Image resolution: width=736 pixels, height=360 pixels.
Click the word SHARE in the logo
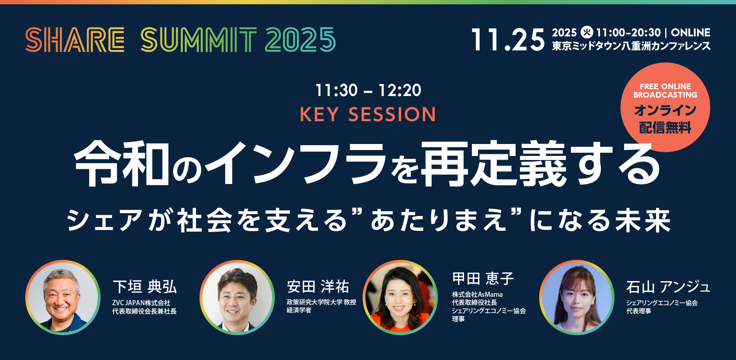(x=75, y=40)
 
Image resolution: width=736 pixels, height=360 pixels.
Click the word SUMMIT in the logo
(x=199, y=40)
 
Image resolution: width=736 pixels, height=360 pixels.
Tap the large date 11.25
(x=508, y=40)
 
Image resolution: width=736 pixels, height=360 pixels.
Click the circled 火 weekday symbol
(x=587, y=32)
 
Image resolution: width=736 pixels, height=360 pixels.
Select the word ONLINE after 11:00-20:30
(x=690, y=32)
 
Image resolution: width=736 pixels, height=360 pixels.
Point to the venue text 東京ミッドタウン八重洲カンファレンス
(x=631, y=46)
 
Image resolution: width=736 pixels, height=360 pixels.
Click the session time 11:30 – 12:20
(x=368, y=90)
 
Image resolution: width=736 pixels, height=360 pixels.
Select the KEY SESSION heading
(x=368, y=115)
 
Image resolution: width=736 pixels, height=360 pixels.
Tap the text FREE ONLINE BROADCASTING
(x=665, y=91)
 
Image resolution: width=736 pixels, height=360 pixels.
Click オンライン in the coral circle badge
(x=665, y=110)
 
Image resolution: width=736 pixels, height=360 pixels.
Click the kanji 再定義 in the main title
(x=494, y=164)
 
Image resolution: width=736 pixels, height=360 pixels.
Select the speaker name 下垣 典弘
(x=145, y=287)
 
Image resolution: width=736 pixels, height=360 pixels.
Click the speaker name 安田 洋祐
(x=318, y=286)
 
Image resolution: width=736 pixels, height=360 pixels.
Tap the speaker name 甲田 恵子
(x=483, y=278)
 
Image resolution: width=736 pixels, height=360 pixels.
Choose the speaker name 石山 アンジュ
(x=668, y=287)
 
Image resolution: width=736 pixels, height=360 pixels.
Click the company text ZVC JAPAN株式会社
(x=141, y=303)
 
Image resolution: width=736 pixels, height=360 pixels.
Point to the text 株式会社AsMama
(x=477, y=294)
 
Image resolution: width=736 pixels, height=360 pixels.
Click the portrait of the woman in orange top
(x=400, y=298)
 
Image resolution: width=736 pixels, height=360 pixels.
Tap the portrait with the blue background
(x=577, y=298)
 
